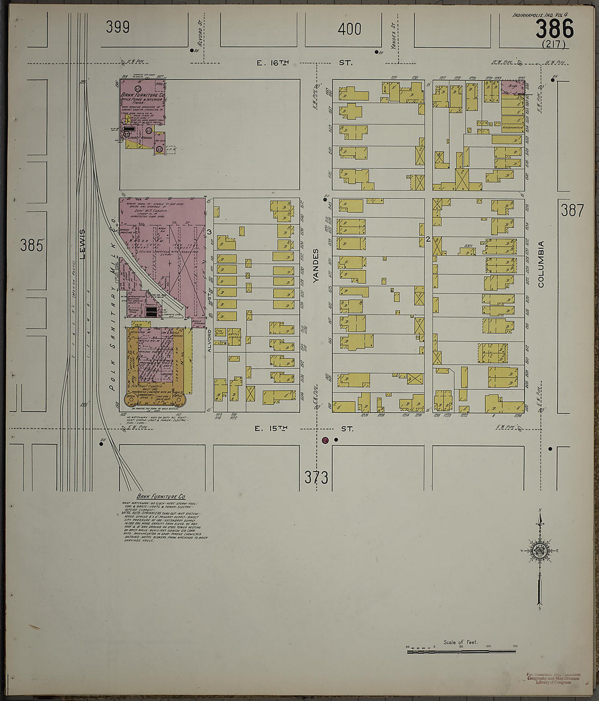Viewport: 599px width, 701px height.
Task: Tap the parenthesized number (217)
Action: pyautogui.click(x=553, y=45)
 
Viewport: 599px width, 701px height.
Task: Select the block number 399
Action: pyautogui.click(x=118, y=27)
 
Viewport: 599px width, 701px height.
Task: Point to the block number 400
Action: pyautogui.click(x=349, y=29)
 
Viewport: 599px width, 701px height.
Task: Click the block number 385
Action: pyautogui.click(x=31, y=246)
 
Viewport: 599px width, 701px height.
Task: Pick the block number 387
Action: pyautogui.click(x=572, y=210)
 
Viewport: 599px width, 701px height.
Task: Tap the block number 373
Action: pyautogui.click(x=316, y=478)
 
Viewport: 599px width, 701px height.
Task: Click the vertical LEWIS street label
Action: pyautogui.click(x=83, y=243)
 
